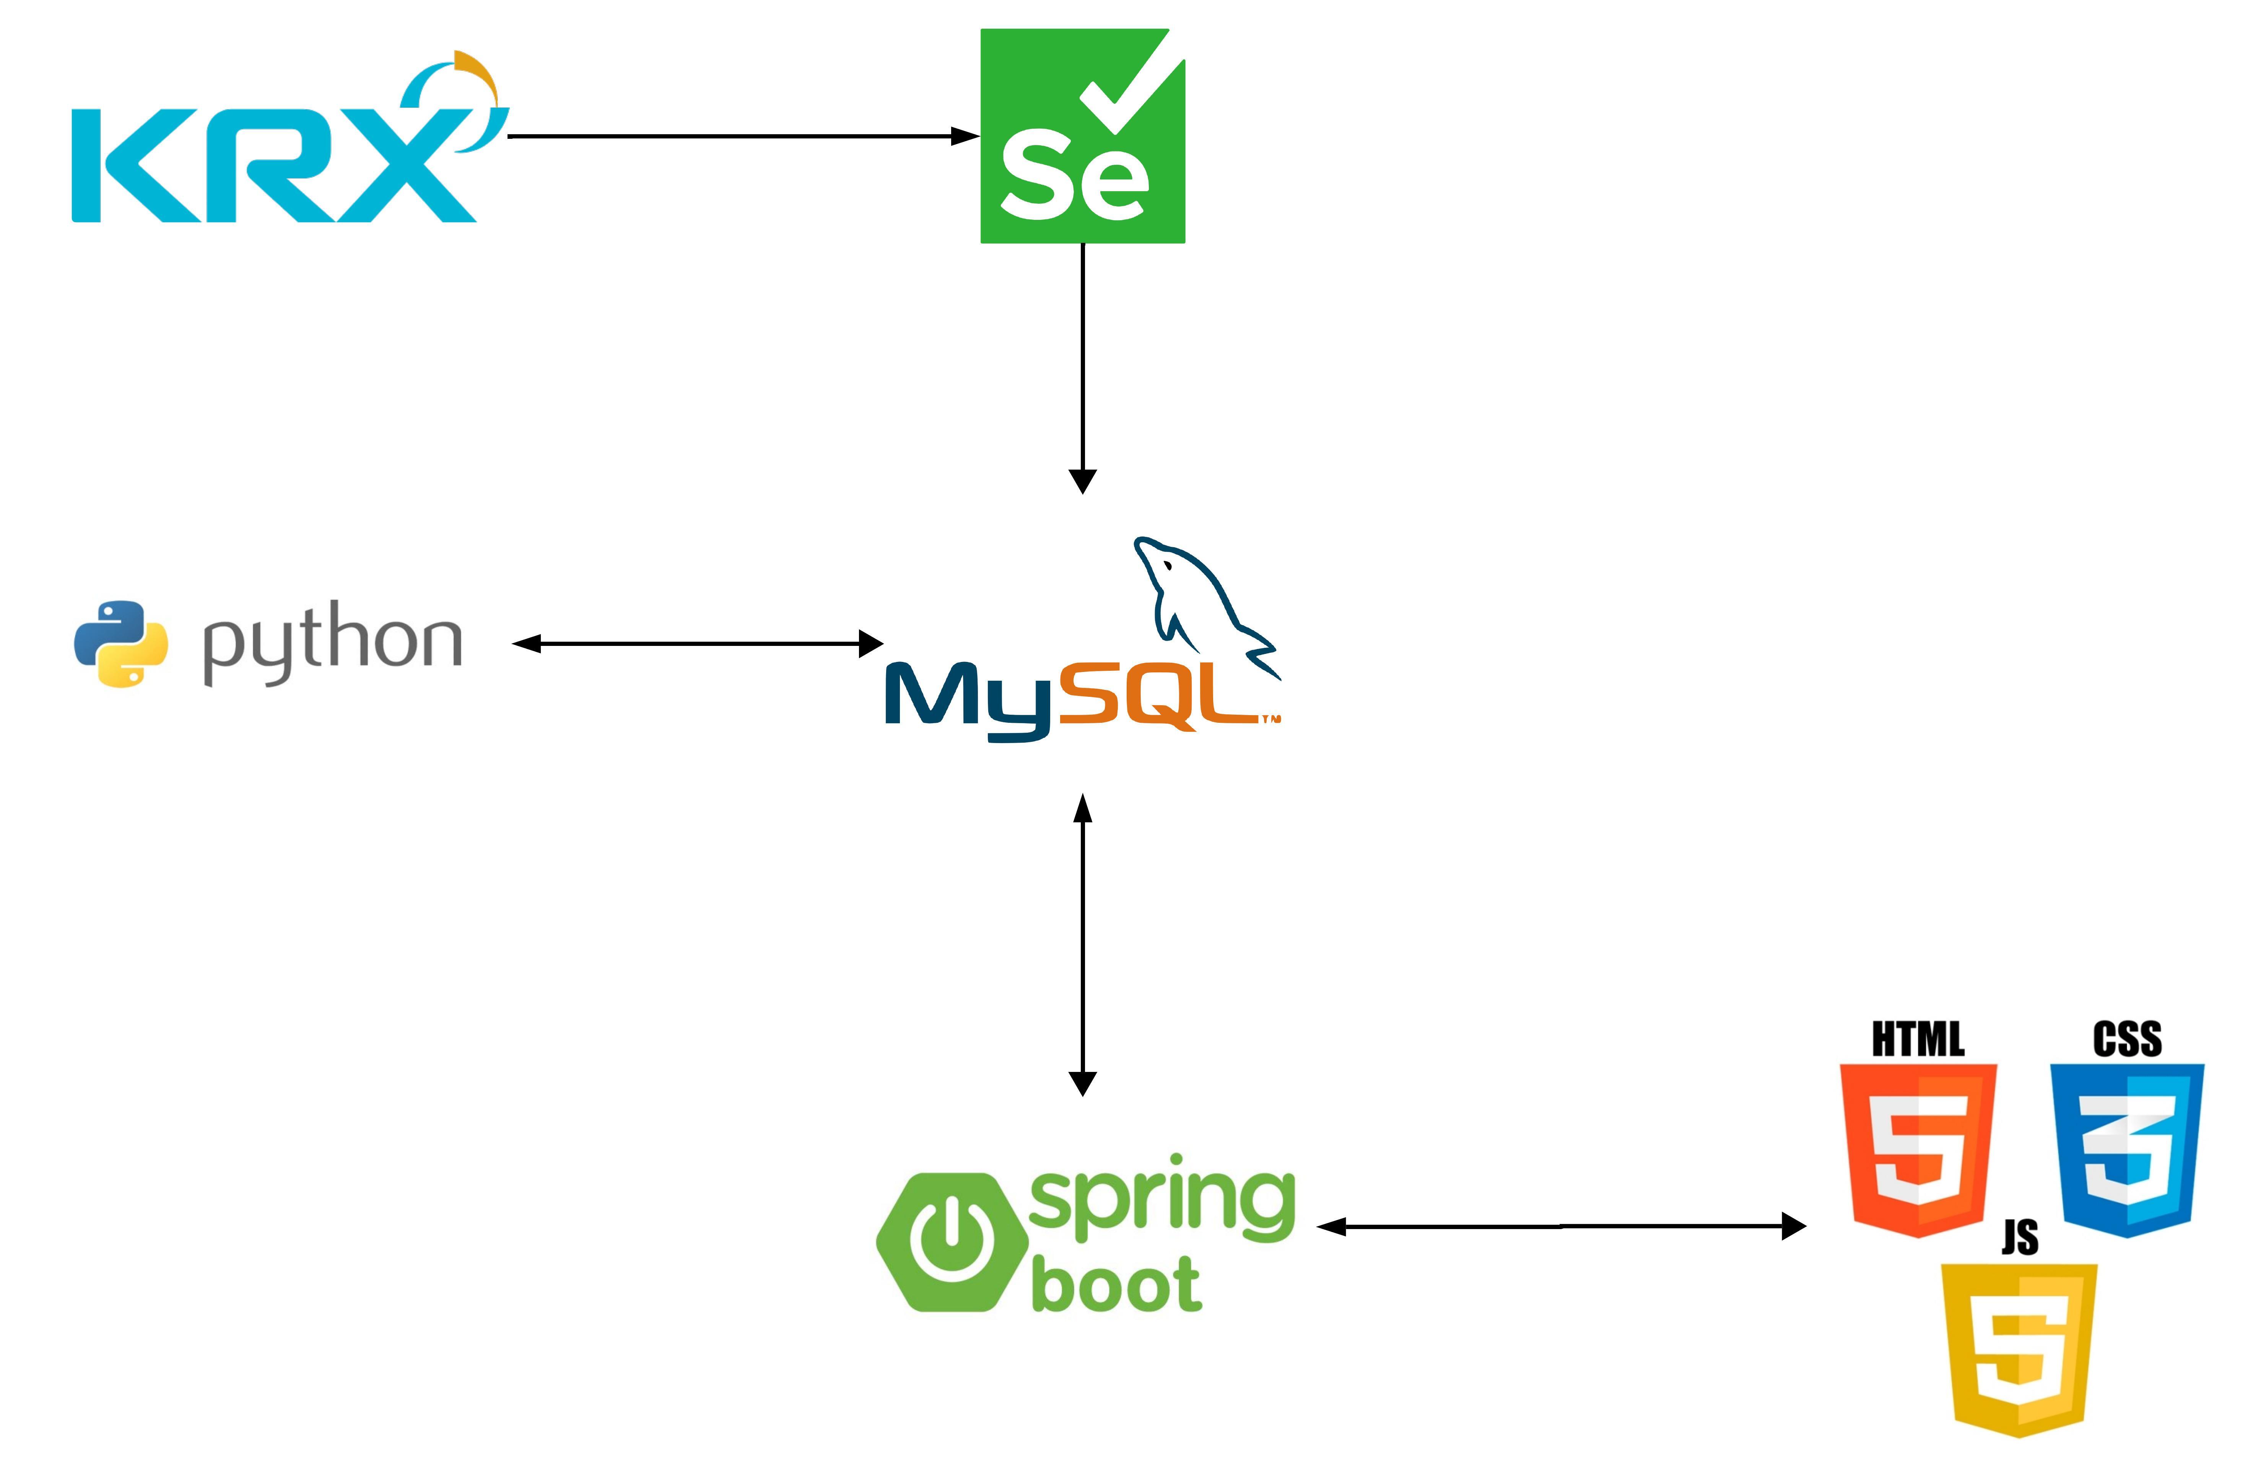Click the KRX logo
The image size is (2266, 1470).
(290, 136)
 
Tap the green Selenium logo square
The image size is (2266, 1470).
(1083, 136)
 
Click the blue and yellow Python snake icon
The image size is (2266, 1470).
(121, 644)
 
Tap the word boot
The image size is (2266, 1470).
(1117, 1283)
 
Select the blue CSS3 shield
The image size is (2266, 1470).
(2127, 1150)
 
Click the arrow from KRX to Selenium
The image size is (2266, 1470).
(745, 136)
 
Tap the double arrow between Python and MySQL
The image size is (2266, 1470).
(698, 644)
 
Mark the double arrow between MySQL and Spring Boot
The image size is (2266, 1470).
(1083, 945)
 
